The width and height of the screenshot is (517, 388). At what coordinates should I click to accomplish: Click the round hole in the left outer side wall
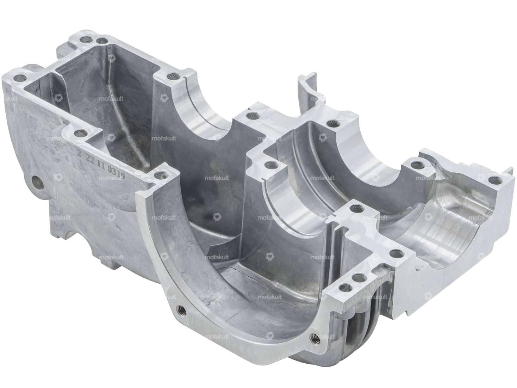point(37,182)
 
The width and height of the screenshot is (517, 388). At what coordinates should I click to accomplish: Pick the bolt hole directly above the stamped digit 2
point(83,133)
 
